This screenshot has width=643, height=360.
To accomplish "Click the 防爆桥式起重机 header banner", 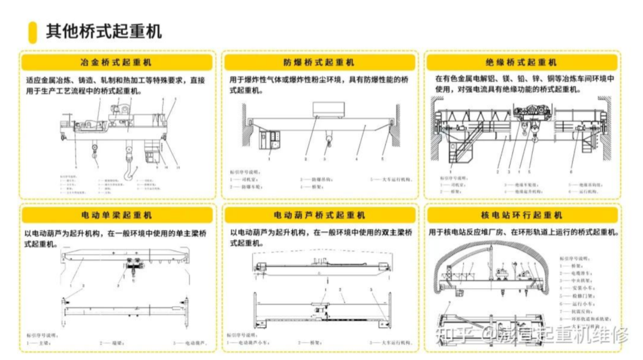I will (x=319, y=62).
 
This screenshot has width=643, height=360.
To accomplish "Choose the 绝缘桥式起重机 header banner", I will (x=521, y=62).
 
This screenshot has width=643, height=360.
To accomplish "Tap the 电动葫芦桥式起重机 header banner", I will (x=319, y=214).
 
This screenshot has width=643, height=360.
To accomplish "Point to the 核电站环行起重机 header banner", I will (x=521, y=214).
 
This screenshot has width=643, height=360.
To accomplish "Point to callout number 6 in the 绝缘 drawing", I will (x=571, y=172).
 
